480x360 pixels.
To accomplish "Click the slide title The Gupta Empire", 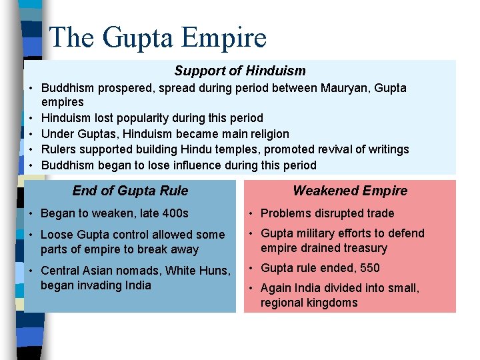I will click(158, 37).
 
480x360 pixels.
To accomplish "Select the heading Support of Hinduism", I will click(240, 71).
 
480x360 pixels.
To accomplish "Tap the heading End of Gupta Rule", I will click(130, 191).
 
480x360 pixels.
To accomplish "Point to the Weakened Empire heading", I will click(350, 191).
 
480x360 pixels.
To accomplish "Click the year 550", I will click(369, 268).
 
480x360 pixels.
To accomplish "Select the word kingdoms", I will click(333, 303).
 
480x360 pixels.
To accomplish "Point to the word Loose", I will click(57, 235).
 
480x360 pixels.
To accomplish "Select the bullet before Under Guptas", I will click(31, 134).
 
